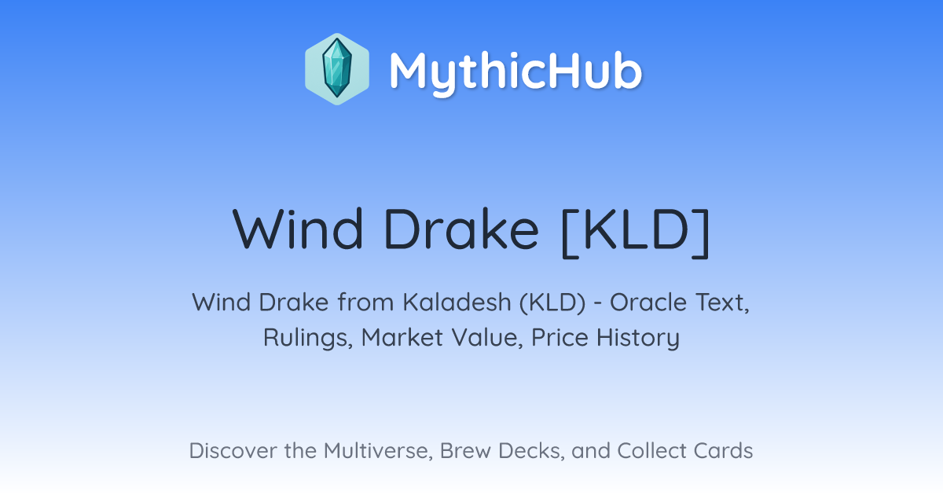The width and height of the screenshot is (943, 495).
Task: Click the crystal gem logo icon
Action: click(x=337, y=69)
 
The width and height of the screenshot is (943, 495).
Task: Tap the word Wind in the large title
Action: click(x=298, y=229)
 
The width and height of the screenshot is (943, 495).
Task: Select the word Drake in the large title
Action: click(x=461, y=229)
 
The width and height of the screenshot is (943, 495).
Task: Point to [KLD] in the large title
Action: click(x=636, y=232)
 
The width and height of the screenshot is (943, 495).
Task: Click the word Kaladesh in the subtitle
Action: click(x=457, y=302)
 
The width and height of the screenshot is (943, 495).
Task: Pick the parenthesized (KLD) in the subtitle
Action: click(x=552, y=303)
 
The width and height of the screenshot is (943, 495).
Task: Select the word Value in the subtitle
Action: click(x=487, y=338)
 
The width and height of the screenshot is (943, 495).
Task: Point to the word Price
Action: click(x=560, y=338)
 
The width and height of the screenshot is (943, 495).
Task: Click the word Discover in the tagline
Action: click(x=233, y=450)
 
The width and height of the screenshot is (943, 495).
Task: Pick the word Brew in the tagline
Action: click(x=465, y=450)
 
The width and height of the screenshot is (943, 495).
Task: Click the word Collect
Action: click(x=651, y=450)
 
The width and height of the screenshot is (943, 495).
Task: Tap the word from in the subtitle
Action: click(x=366, y=302)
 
